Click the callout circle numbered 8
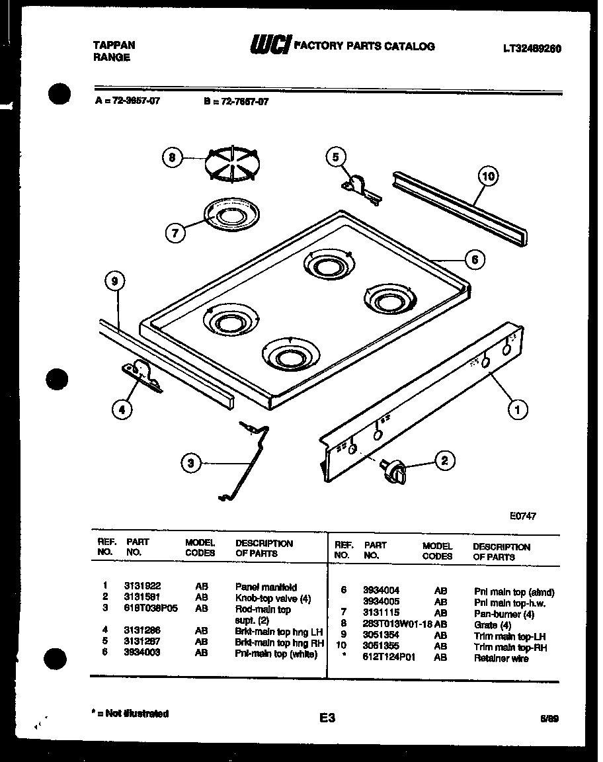[x=173, y=157]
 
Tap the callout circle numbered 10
[x=488, y=176]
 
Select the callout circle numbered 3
[x=191, y=464]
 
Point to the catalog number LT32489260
[x=532, y=48]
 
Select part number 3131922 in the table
[x=142, y=587]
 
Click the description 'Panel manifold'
[x=266, y=587]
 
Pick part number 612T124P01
[x=389, y=658]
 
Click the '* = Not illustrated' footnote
[x=130, y=714]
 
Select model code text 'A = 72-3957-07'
[x=128, y=101]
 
